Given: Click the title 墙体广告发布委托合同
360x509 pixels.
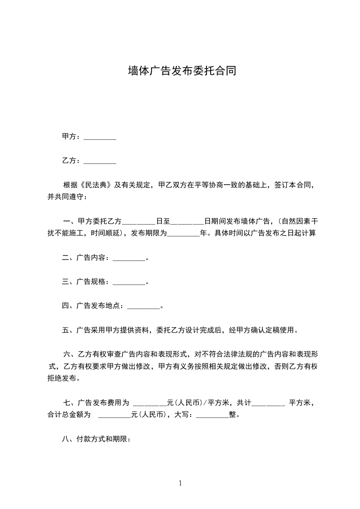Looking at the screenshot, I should [x=182, y=71].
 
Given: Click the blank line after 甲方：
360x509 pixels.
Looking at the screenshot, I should [x=100, y=137].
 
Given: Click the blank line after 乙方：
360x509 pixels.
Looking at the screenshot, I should [x=100, y=161].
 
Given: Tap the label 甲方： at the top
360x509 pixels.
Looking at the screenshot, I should [x=71, y=137].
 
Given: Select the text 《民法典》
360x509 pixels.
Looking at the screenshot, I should [x=95, y=185].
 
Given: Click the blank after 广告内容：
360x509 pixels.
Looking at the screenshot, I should [x=128, y=258].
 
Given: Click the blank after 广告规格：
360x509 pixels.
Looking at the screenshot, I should [x=128, y=282].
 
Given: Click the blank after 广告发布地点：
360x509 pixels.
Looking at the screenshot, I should [x=144, y=306].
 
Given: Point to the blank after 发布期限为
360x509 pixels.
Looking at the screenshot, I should [x=183, y=234].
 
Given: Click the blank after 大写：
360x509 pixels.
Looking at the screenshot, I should [x=212, y=414].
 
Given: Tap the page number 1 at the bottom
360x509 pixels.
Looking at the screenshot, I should [x=180, y=483].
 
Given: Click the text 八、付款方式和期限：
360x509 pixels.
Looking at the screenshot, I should [x=96, y=439].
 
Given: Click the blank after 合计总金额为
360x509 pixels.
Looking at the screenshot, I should [x=114, y=414].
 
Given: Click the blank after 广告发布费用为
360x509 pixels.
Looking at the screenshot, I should [x=149, y=402].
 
